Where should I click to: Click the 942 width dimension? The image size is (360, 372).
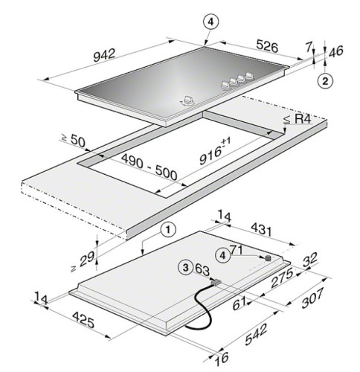pos(104,55)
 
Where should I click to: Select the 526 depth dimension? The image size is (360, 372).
pos(267,46)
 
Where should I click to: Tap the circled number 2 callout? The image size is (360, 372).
pos(325,81)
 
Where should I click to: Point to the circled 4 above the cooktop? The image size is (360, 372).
pos(210,22)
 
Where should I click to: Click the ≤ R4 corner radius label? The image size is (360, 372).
pos(297,119)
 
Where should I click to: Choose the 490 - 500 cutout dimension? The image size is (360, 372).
pos(149,167)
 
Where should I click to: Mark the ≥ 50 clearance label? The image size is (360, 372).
pos(74,140)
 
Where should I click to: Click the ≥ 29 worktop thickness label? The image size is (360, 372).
pos(83,261)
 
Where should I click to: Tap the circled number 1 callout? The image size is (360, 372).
pos(168,230)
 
